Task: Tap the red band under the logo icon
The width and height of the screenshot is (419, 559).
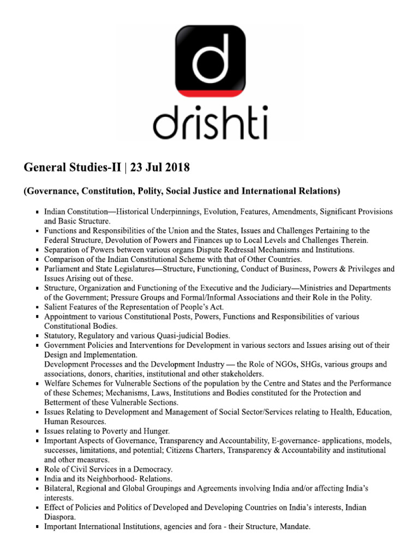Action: point(209,93)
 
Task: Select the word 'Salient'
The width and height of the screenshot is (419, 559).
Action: point(57,307)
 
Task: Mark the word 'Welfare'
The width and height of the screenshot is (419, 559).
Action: point(58,383)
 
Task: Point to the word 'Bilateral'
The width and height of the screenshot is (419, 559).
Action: point(61,488)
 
